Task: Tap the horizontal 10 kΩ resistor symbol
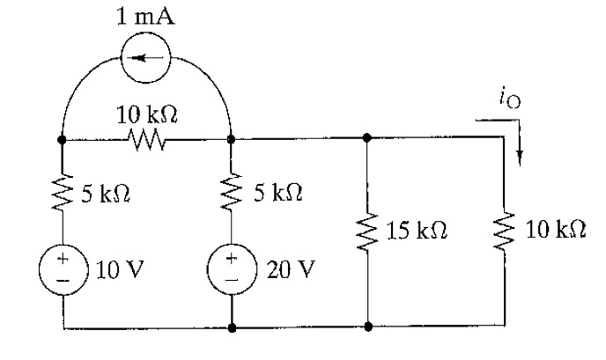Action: (x=146, y=138)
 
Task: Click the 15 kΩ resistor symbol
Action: (x=366, y=231)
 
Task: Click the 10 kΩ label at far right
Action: (x=553, y=231)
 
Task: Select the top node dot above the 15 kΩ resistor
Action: (x=366, y=138)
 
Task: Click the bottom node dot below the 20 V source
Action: (x=231, y=327)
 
